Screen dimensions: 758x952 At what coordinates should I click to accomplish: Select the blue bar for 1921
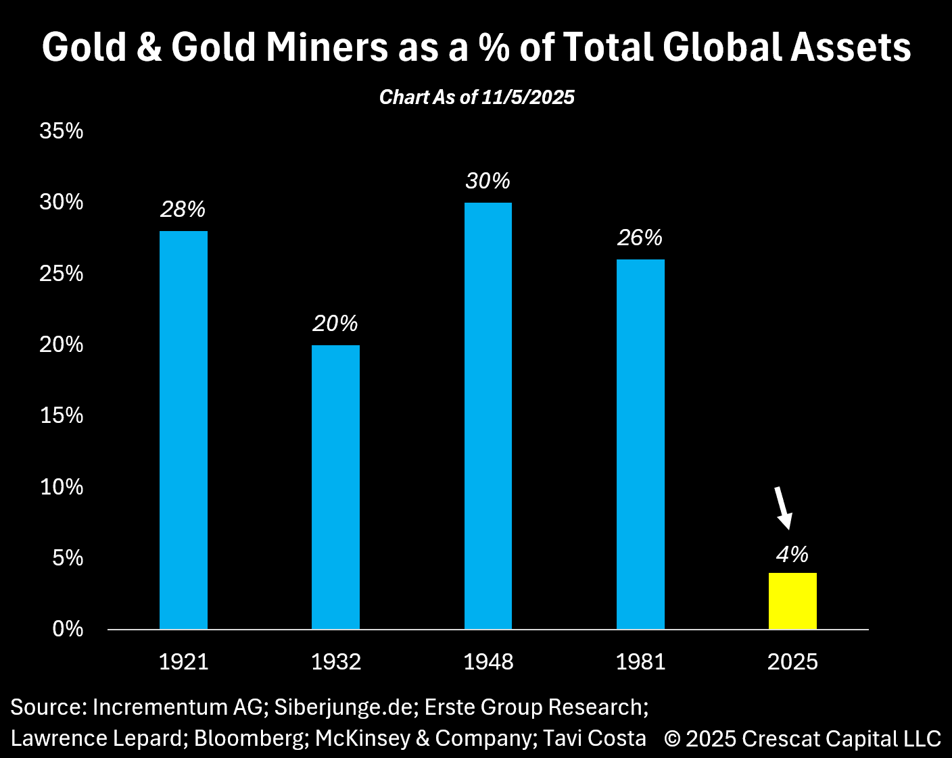point(183,430)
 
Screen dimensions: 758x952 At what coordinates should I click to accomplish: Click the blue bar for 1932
point(335,487)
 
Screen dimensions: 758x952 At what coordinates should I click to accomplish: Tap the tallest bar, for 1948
point(488,416)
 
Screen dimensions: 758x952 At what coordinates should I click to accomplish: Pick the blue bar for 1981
point(640,445)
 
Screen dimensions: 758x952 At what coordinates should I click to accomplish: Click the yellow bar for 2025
point(792,601)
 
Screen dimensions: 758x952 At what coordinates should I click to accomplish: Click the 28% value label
point(183,209)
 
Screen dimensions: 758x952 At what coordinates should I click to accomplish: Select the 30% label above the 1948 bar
point(487,181)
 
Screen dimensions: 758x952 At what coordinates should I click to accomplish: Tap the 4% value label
point(792,555)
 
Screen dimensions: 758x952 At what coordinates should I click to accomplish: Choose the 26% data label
point(640,238)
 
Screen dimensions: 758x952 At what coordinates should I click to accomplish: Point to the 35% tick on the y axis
point(62,131)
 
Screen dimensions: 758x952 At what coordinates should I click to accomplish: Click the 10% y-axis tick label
point(62,486)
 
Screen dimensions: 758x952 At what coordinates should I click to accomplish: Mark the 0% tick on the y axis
point(68,629)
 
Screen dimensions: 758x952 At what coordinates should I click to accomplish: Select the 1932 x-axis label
point(336,661)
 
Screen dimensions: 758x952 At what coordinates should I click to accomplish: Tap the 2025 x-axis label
point(792,661)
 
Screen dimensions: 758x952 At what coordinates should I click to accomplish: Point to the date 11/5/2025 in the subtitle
point(528,97)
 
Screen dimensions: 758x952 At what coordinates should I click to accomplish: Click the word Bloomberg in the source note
point(249,738)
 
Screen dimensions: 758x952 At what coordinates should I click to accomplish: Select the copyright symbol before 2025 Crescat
point(672,738)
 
